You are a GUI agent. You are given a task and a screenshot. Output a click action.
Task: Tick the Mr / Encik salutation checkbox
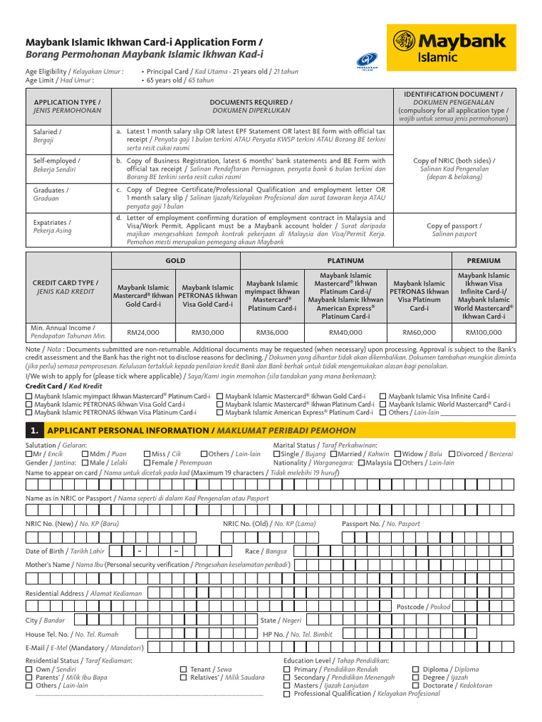[29, 454]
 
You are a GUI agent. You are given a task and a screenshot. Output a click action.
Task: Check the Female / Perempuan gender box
[147, 463]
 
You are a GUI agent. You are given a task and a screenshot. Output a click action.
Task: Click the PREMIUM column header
[483, 260]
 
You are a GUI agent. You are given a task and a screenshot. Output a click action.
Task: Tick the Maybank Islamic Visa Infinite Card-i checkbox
[383, 397]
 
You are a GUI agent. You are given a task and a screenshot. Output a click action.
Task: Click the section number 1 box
[34, 430]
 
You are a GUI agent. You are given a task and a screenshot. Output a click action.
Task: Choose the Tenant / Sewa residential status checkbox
[183, 669]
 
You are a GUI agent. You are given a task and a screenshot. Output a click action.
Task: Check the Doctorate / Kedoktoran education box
[416, 685]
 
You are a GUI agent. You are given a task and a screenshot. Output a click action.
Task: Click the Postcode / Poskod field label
[423, 606]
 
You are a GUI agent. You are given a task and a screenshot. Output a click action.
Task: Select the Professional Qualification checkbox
[287, 694]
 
